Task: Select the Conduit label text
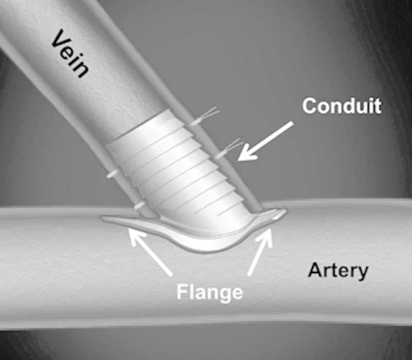pyautogui.click(x=341, y=106)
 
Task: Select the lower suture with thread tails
pyautogui.click(x=224, y=151)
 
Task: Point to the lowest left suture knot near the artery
pyautogui.click(x=138, y=206)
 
